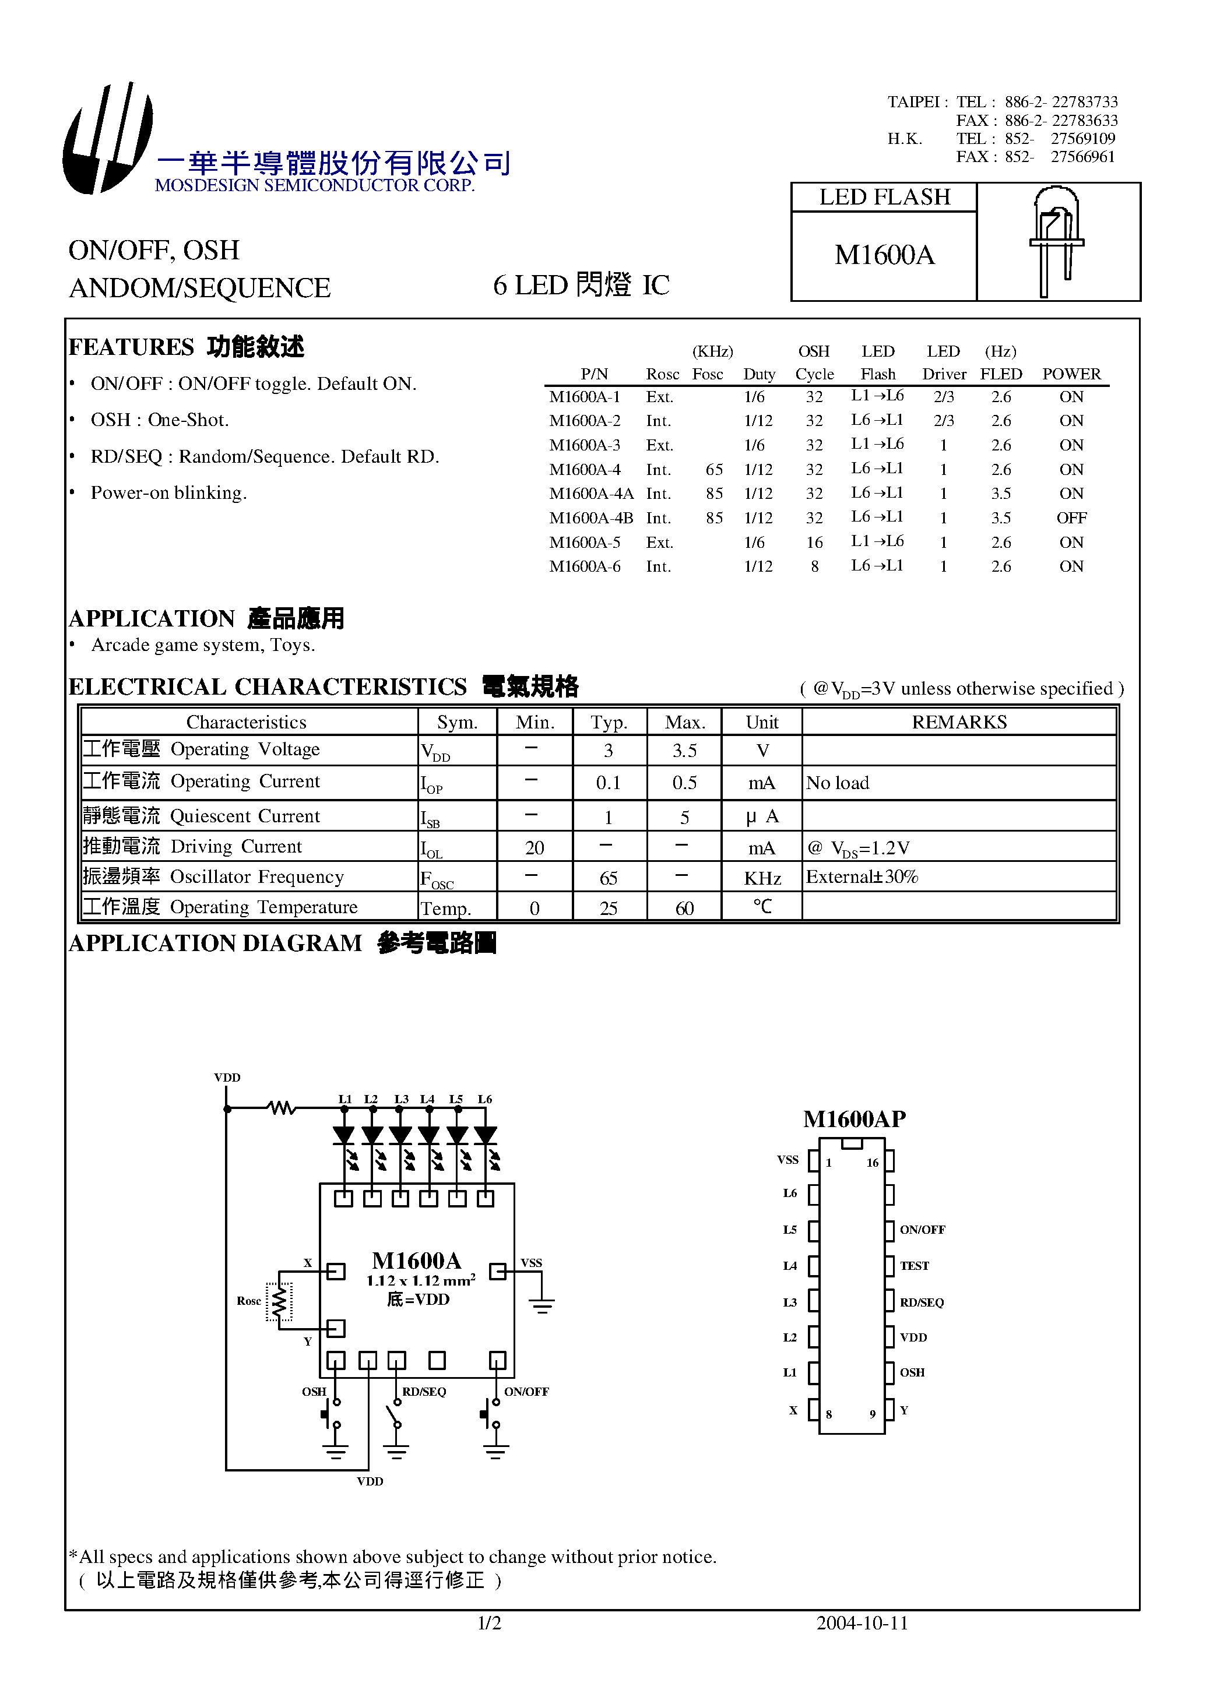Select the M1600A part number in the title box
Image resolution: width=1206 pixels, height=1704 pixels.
click(884, 255)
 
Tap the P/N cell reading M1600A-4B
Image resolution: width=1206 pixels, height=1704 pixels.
click(591, 518)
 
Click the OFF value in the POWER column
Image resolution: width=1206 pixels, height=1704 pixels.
click(1071, 518)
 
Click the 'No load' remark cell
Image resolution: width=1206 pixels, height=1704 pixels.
click(837, 783)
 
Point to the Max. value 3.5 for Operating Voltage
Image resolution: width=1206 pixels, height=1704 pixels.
click(684, 751)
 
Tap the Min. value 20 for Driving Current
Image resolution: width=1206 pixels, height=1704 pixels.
click(534, 848)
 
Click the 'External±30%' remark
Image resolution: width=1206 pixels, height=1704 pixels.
click(862, 878)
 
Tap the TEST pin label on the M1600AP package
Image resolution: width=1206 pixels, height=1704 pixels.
click(914, 1266)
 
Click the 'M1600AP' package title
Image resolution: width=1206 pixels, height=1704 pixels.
click(854, 1119)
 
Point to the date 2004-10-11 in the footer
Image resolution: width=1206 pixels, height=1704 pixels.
click(862, 1624)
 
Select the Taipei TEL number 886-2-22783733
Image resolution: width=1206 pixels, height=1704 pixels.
click(1060, 103)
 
